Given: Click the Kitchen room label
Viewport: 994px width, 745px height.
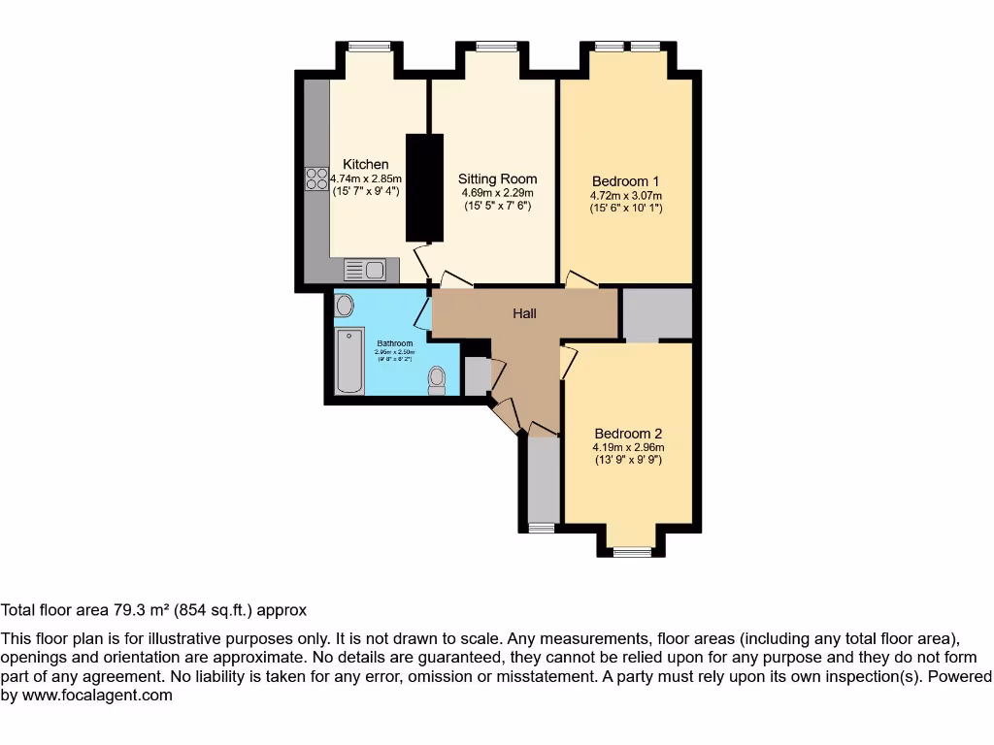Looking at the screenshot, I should (366, 164).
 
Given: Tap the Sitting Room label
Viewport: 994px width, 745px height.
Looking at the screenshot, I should (497, 178).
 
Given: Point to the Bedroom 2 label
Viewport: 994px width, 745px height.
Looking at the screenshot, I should (628, 434).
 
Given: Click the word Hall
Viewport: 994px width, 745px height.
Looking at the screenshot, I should (524, 313).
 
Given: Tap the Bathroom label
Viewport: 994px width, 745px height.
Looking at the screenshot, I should (395, 343).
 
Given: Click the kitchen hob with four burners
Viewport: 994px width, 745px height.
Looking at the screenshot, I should (316, 178).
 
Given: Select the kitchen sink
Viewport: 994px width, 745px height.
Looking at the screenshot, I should (365, 270).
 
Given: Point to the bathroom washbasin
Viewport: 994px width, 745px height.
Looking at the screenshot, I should (344, 307).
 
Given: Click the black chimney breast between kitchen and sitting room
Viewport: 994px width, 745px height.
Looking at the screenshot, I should (423, 187).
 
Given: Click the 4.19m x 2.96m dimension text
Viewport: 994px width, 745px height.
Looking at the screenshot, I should (628, 448).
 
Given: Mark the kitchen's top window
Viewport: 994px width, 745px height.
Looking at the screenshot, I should (370, 46).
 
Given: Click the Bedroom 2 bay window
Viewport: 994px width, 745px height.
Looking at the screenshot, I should (632, 552).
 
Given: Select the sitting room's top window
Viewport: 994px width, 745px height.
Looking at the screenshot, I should (496, 46).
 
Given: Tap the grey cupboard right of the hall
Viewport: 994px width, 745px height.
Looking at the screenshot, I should (656, 313).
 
